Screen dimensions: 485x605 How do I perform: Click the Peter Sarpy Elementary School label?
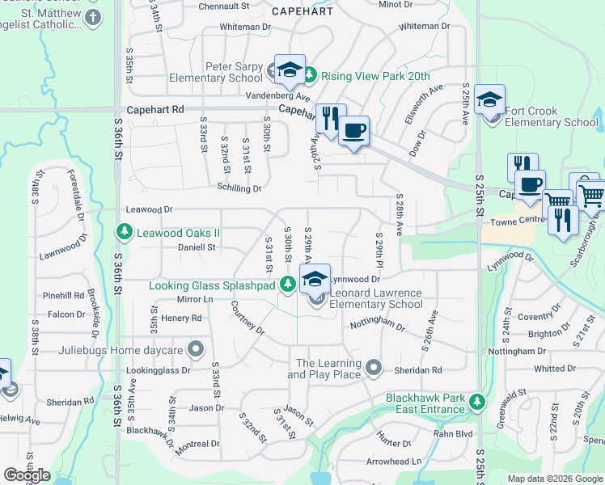click(x=216, y=72)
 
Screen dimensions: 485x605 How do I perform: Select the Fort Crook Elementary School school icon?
click(x=489, y=99)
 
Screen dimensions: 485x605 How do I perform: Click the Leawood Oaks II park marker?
click(x=125, y=234)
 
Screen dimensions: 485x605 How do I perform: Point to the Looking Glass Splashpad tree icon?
click(x=287, y=285)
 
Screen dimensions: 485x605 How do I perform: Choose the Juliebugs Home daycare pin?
click(x=195, y=350)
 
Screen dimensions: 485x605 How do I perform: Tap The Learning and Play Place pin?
click(x=373, y=369)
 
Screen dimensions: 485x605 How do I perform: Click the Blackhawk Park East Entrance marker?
click(x=477, y=402)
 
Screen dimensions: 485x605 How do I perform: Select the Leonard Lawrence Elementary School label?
click(x=377, y=298)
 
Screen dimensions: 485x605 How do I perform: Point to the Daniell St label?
click(x=197, y=247)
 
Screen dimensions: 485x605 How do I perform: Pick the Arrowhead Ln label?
click(x=395, y=462)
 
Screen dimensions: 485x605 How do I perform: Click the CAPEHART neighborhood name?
click(x=303, y=11)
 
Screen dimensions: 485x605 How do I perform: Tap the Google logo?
click(x=27, y=474)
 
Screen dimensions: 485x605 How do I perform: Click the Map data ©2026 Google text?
click(x=554, y=479)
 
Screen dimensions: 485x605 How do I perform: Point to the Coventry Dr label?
click(x=539, y=317)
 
